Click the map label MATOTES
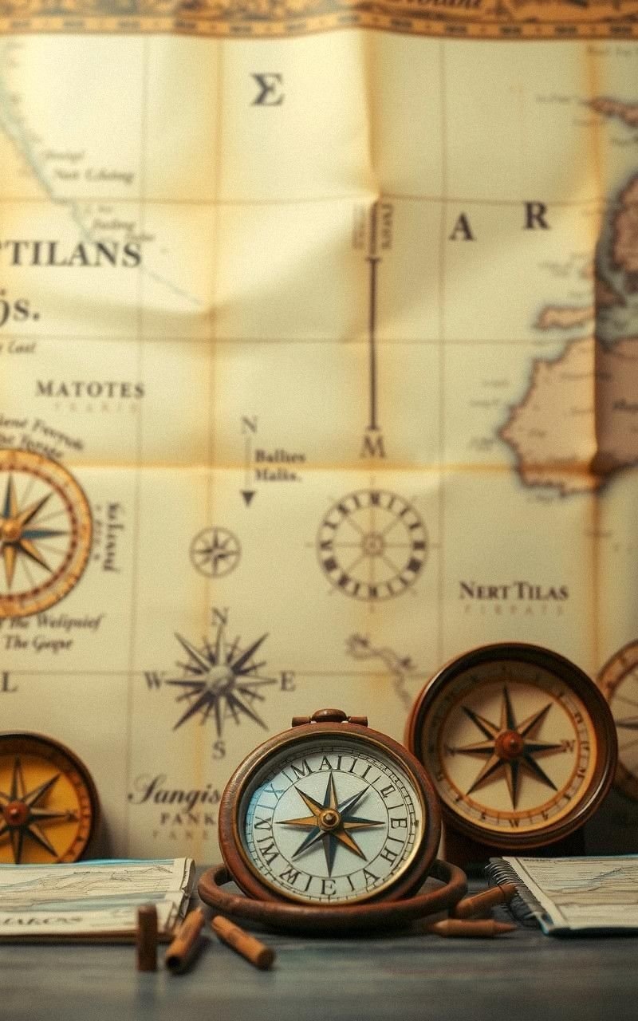[89, 390]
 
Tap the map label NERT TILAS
[513, 592]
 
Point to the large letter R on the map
[537, 216]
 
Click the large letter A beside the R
[461, 228]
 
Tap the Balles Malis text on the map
[279, 464]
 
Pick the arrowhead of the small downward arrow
[248, 498]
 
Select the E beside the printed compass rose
[287, 680]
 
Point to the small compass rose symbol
[215, 551]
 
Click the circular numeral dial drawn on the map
[372, 545]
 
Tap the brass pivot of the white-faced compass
[329, 818]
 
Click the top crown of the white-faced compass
[329, 716]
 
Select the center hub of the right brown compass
[509, 744]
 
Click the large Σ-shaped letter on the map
[267, 89]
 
